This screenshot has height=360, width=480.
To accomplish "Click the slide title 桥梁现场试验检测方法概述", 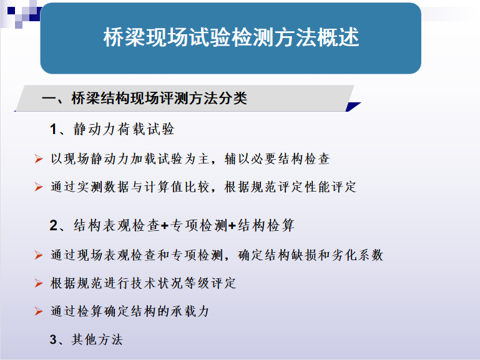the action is click(231, 37).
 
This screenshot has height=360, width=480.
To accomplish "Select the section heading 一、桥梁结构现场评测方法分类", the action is click(144, 99).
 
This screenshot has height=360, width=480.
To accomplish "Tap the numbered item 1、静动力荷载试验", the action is click(112, 129).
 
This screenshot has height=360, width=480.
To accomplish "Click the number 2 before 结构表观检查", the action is click(53, 226).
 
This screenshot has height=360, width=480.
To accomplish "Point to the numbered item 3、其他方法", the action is click(86, 339).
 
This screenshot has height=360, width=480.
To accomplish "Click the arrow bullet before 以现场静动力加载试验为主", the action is click(39, 159).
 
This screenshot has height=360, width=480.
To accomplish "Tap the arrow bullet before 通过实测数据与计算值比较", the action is click(39, 187).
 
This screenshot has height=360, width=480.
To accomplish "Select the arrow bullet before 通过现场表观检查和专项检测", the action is click(39, 255).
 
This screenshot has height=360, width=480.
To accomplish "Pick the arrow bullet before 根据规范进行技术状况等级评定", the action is click(39, 283).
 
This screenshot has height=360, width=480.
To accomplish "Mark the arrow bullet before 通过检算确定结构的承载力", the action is click(39, 311).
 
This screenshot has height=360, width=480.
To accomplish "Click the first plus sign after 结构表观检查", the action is click(165, 226).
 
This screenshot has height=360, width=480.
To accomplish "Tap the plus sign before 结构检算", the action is click(232, 226).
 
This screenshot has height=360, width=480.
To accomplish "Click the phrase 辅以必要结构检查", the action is click(277, 159).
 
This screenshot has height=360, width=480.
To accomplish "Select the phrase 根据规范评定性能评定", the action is click(290, 187).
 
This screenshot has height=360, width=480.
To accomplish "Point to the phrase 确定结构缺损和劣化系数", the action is click(310, 255).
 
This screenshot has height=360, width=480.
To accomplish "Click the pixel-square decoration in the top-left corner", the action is click(21, 14).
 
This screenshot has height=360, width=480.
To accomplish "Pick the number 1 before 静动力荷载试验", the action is click(53, 129).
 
